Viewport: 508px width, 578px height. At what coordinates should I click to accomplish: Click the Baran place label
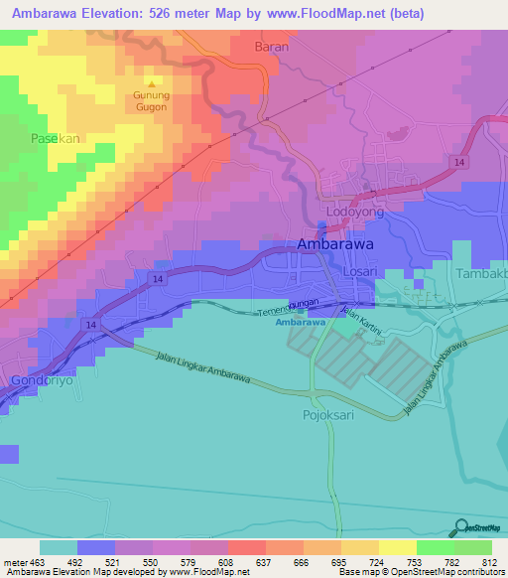tap(271, 47)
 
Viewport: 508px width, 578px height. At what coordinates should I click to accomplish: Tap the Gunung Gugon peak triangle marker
tap(151, 84)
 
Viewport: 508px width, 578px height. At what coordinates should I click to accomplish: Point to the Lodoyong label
tap(354, 213)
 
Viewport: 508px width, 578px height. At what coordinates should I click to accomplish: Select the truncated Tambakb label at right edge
tap(481, 273)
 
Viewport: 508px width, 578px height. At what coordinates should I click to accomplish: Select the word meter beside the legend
tap(17, 561)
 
